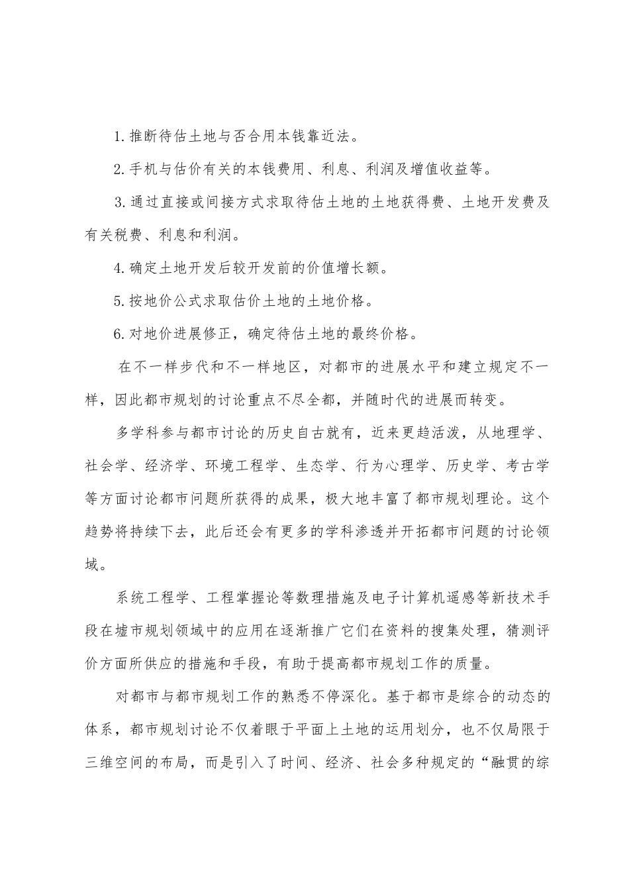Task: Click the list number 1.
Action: [x=117, y=138]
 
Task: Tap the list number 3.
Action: [x=117, y=203]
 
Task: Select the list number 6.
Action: [x=117, y=333]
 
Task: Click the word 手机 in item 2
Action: [x=140, y=170]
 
